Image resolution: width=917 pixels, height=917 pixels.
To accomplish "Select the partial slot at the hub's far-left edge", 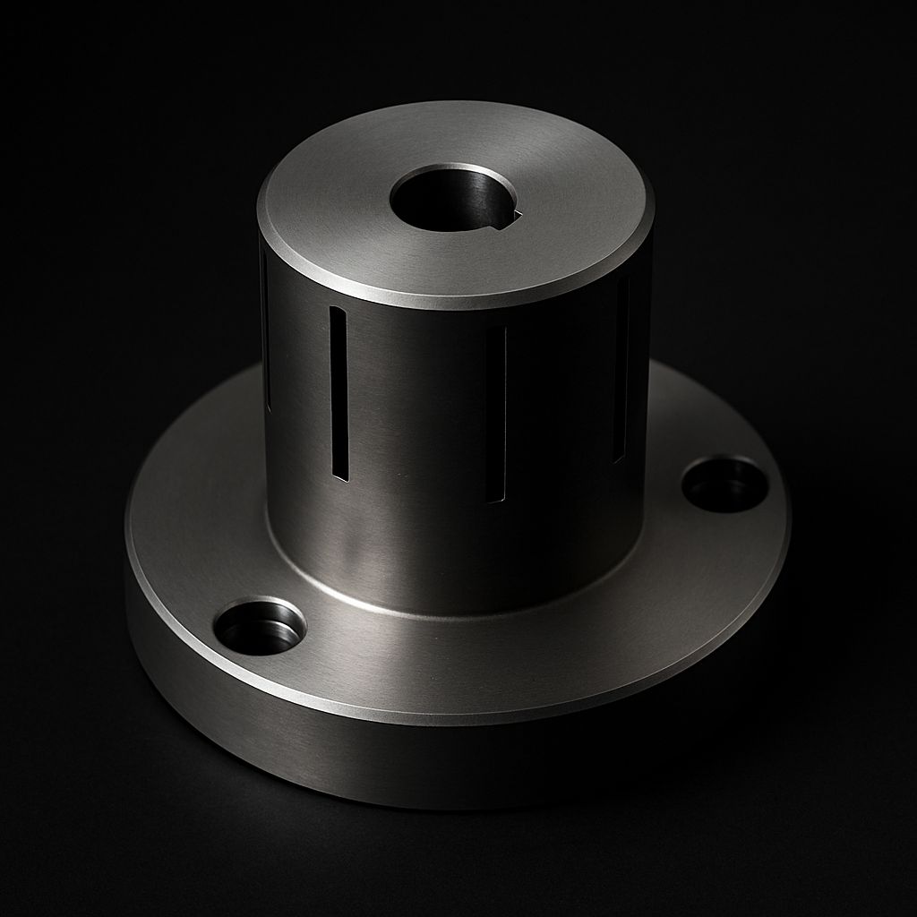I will (x=265, y=331).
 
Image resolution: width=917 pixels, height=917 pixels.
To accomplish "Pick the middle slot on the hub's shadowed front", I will (x=497, y=412).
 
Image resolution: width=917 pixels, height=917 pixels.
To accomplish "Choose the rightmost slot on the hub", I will (x=620, y=367).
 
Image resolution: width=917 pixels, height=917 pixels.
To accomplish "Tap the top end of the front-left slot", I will (x=337, y=311).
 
